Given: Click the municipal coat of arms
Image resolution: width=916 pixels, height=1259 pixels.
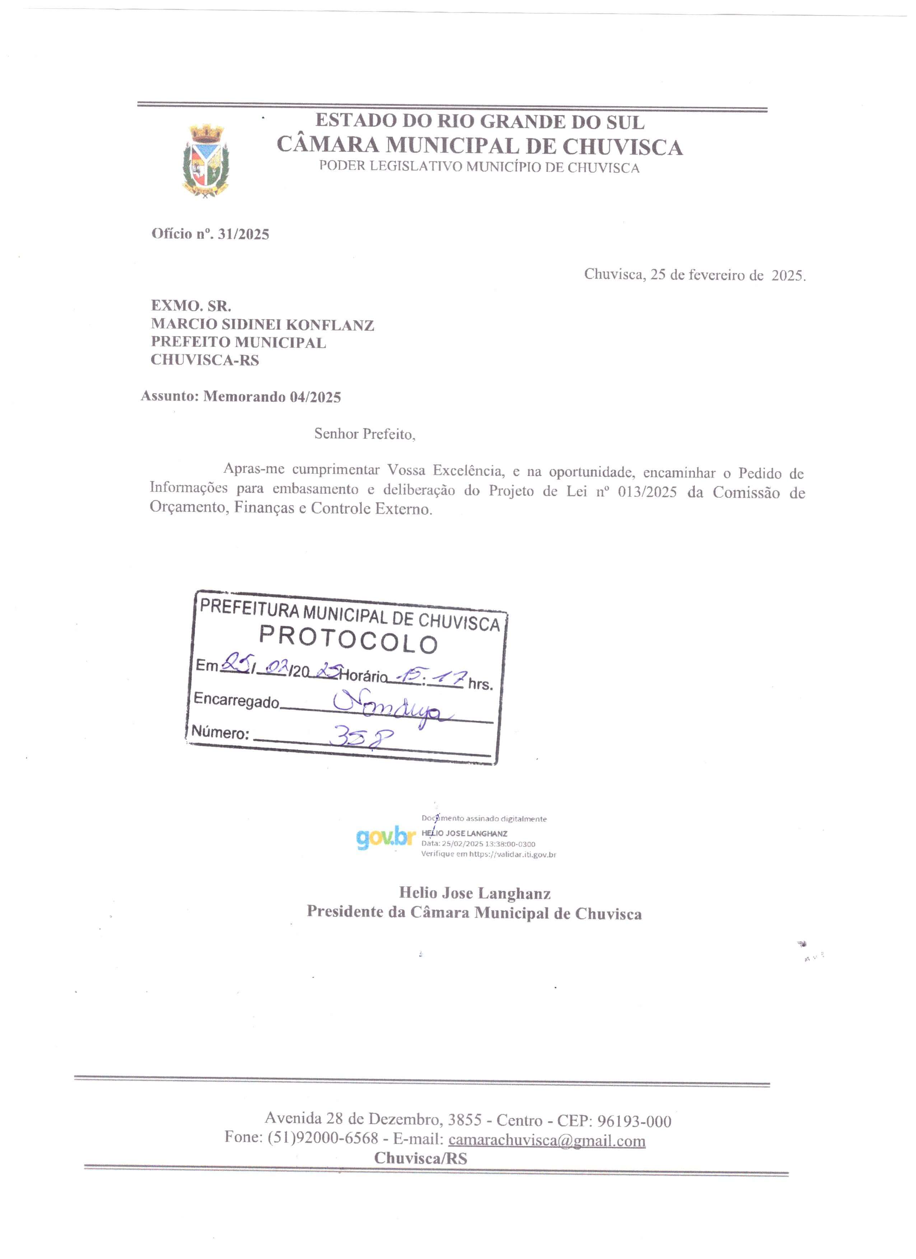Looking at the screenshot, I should click(206, 161).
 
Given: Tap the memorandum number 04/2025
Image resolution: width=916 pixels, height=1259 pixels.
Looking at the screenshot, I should click(315, 397).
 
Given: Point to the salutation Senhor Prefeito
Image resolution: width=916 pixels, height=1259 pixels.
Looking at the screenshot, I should click(364, 434).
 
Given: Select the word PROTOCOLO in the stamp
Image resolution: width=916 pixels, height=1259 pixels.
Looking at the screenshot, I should click(349, 640).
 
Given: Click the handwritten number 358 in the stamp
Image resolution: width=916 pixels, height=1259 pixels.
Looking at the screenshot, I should click(361, 738).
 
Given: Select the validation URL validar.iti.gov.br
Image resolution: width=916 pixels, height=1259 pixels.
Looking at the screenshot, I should click(513, 855).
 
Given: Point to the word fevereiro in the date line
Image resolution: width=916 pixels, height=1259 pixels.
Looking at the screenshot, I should click(716, 275).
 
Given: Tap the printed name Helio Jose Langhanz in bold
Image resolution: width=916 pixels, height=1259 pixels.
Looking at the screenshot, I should click(475, 893).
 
